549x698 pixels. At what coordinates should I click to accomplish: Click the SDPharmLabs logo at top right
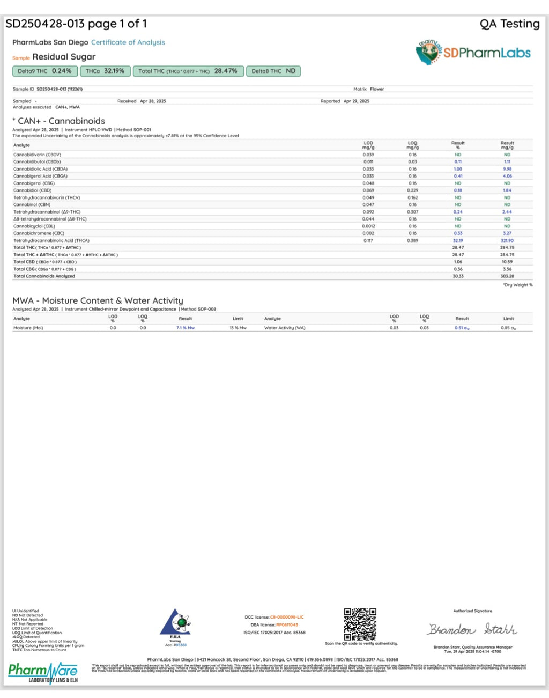pos(473,53)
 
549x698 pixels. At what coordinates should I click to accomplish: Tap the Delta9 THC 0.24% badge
pos(45,71)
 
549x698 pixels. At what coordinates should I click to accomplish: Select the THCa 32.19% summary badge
pos(106,71)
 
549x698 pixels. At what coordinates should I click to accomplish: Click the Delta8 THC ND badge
pos(273,71)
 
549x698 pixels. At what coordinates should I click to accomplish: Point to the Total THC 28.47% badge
pos(188,71)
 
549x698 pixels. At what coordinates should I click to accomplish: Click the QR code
pos(360,624)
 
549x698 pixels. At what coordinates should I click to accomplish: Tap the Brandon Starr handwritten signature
pos(472,629)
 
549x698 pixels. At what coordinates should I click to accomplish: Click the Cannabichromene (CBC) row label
pos(39,233)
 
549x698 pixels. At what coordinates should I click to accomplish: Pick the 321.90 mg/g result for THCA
pos(507,240)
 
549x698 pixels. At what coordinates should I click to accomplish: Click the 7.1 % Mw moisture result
pos(186,328)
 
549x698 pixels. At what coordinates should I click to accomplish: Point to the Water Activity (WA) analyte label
pos(285,328)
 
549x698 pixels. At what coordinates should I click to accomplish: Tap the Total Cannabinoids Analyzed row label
pos(44,276)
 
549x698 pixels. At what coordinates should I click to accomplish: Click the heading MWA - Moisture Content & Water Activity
pos(98,300)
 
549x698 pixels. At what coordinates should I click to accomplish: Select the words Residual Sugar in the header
pos(64,57)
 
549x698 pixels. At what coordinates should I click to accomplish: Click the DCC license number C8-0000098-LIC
pos(286,617)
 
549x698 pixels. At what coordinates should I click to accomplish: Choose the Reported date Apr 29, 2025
pos(356,101)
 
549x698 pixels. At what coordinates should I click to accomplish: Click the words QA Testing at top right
pos(509,24)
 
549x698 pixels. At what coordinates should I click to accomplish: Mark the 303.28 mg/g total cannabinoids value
pos(507,276)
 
